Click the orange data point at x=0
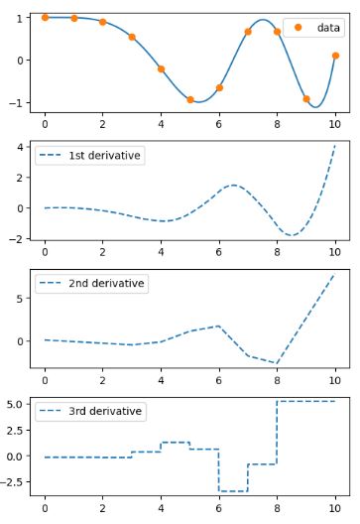click(45, 17)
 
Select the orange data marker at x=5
click(190, 99)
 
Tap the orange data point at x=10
click(335, 56)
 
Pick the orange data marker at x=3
click(132, 37)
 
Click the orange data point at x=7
click(248, 32)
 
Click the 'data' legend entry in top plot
click(327, 28)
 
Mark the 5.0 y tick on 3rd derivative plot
click(16, 404)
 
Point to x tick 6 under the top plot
click(219, 125)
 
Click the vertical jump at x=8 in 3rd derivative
click(277, 433)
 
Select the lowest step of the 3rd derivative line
click(233, 491)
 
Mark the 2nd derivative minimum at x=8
click(277, 363)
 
